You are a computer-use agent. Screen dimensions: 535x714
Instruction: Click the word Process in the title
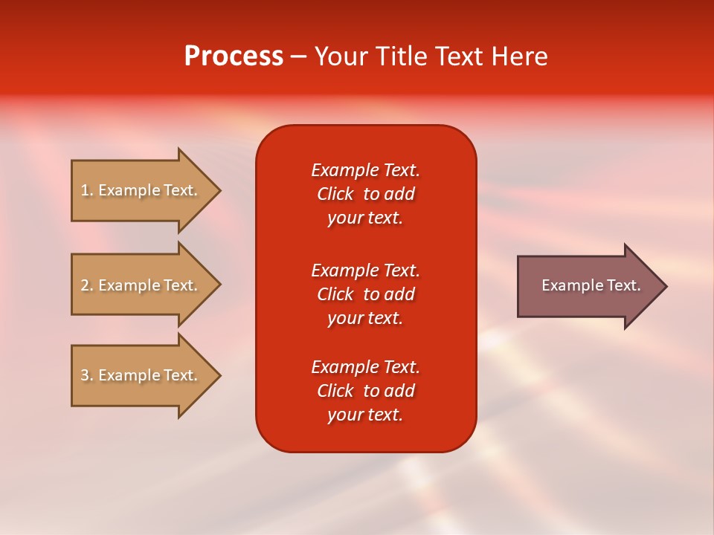234,56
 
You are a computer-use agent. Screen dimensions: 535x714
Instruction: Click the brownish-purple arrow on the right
588,286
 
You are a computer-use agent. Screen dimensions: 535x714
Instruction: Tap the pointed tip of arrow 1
219,190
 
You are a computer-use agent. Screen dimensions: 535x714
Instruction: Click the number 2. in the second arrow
87,285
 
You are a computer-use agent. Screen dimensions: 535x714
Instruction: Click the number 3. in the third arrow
87,375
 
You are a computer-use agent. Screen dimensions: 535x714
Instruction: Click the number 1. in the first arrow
87,190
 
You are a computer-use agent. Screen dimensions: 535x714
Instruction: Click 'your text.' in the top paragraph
365,218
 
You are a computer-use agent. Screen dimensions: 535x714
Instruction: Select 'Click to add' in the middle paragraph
365,294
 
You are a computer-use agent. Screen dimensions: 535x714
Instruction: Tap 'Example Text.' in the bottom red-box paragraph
365,367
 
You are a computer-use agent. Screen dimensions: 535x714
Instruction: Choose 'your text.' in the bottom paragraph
365,415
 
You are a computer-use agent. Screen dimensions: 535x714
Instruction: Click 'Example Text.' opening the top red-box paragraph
365,170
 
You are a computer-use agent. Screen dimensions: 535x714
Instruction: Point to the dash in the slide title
298,57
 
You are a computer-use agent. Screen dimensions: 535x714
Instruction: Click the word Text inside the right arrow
624,285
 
